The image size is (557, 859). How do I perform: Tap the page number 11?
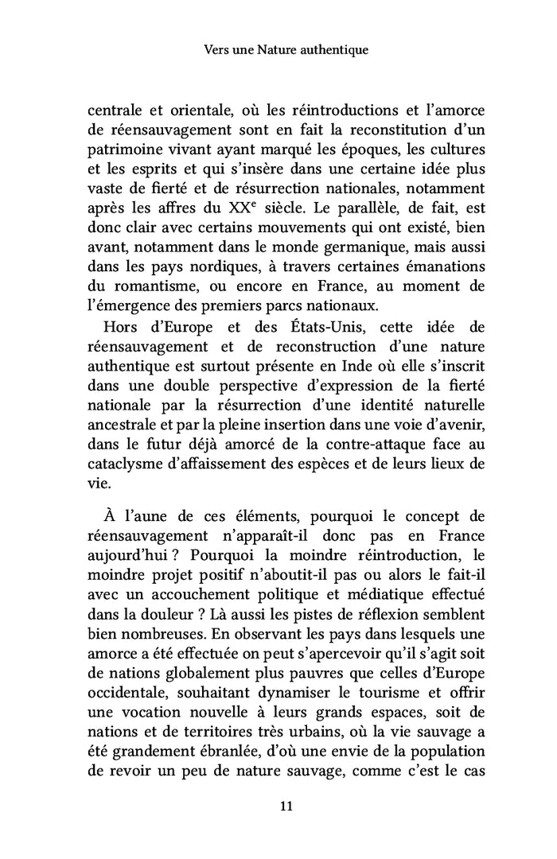287,806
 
